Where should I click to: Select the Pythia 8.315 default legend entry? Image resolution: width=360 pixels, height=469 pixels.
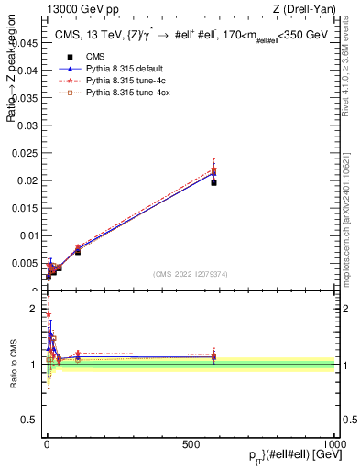(108, 68)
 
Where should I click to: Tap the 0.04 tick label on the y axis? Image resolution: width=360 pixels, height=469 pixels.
(27, 70)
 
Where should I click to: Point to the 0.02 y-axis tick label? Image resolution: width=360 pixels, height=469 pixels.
(27, 180)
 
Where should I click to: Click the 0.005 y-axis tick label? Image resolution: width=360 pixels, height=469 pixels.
(25, 262)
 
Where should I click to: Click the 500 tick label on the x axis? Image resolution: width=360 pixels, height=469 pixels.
(191, 443)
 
